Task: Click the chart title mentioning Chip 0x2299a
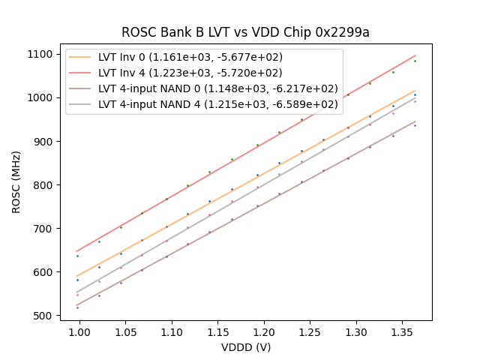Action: pyautogui.click(x=245, y=32)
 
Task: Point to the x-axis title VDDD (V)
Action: pyautogui.click(x=245, y=347)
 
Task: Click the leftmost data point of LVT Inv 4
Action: pyautogui.click(x=77, y=256)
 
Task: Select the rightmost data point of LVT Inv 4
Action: pyautogui.click(x=415, y=61)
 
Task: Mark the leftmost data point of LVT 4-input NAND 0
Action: pyautogui.click(x=77, y=307)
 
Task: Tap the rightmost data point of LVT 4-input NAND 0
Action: pyautogui.click(x=415, y=125)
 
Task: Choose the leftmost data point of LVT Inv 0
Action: pyautogui.click(x=77, y=280)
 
